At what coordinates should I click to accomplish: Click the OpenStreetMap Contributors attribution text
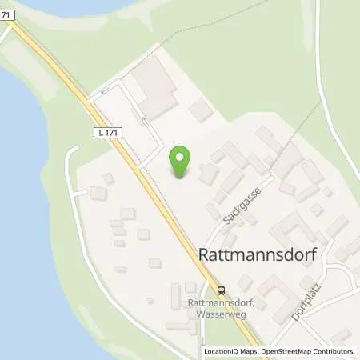[x=305, y=351]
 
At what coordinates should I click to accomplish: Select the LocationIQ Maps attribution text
[x=230, y=351]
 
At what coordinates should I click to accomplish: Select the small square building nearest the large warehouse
[x=201, y=110]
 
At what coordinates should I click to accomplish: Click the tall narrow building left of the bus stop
[x=175, y=297]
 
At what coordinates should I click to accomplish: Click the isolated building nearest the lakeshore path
[x=98, y=194]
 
